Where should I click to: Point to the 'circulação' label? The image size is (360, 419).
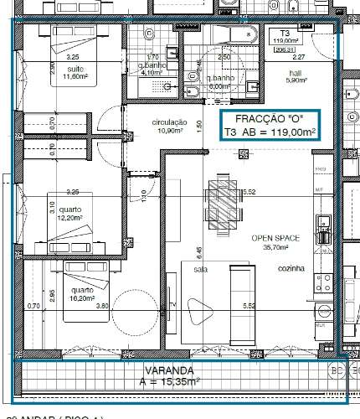click(x=168, y=122)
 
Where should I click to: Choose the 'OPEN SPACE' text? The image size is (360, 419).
click(x=270, y=238)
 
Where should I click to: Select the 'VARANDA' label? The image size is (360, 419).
click(x=168, y=370)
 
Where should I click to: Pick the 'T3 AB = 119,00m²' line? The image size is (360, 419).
click(x=269, y=132)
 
